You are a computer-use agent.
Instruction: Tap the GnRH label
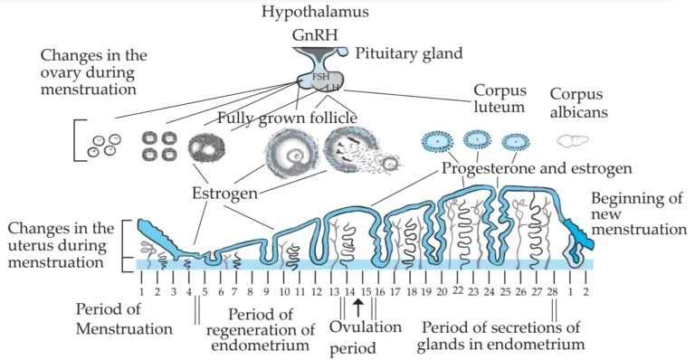pos(312,36)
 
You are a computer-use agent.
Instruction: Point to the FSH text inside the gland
pos(320,78)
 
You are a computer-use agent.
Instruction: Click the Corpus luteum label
pos(500,99)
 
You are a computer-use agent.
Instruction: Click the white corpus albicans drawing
pos(573,141)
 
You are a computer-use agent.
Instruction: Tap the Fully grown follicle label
pos(287,118)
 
